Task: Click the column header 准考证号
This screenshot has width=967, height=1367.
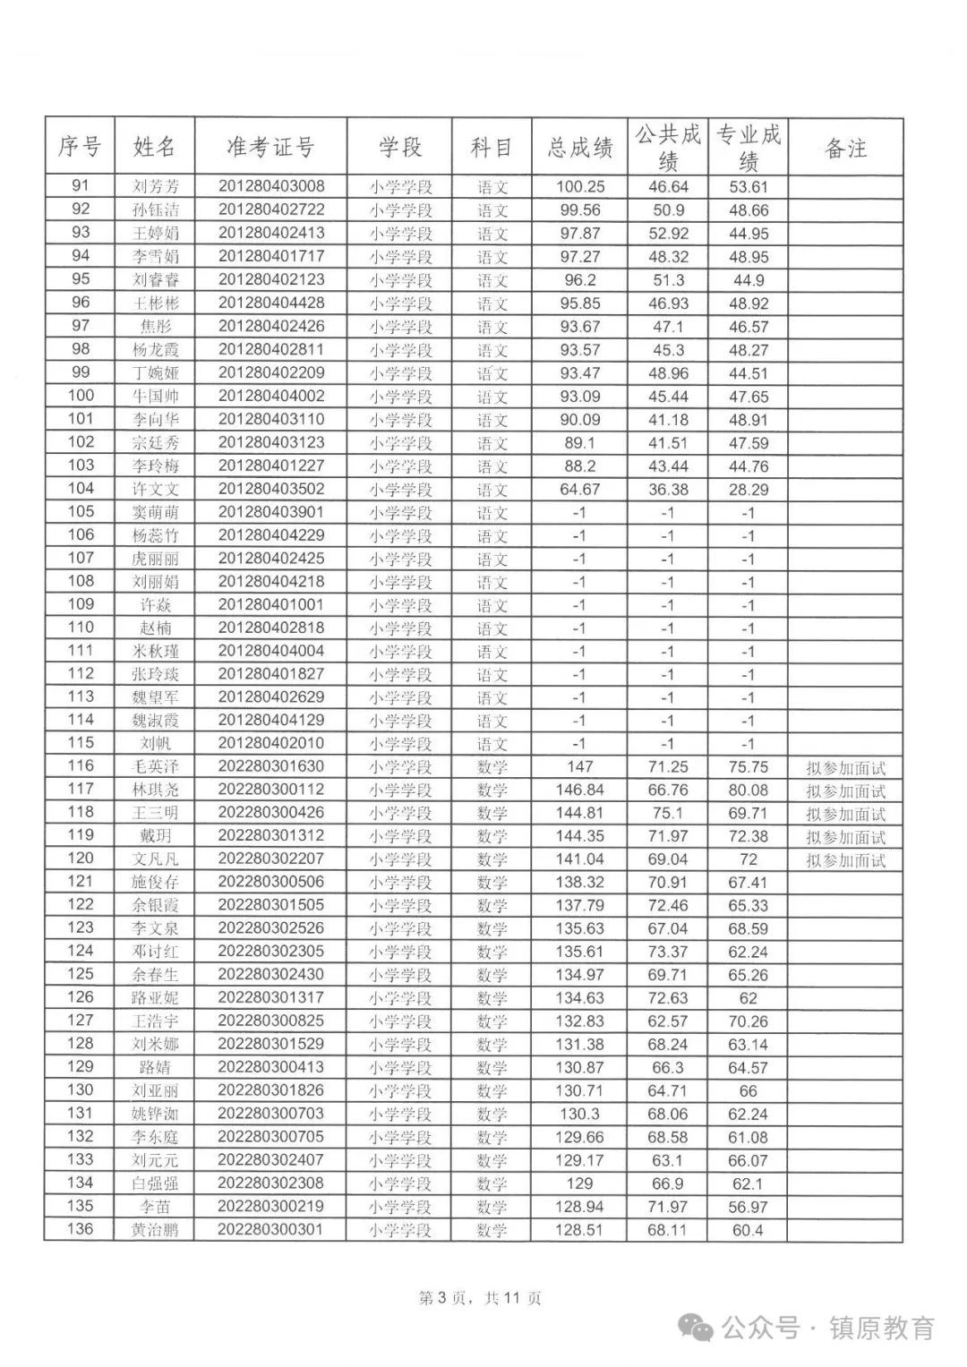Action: point(270,147)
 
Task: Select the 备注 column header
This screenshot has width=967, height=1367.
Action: point(845,148)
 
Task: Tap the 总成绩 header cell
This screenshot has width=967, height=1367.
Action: point(579,148)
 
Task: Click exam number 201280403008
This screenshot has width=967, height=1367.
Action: point(270,186)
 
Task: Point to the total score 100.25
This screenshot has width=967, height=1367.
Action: point(579,187)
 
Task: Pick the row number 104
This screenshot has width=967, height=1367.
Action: point(81,488)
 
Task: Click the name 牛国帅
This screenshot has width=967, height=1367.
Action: point(155,396)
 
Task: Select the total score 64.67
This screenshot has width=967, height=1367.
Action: point(579,489)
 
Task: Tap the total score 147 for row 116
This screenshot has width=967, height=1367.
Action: point(579,766)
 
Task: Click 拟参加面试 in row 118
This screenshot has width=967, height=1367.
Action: point(845,814)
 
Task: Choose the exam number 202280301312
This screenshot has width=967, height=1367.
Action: point(270,835)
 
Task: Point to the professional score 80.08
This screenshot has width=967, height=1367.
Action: point(748,790)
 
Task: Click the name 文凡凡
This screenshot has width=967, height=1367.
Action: point(155,859)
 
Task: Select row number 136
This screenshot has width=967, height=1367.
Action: point(81,1228)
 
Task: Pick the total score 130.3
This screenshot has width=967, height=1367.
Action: point(579,1114)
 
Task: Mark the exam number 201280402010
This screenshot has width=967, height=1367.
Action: point(270,743)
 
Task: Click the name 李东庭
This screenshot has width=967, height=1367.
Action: point(155,1136)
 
